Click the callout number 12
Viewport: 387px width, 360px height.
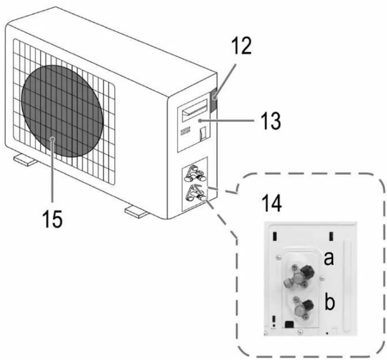[x=242, y=46]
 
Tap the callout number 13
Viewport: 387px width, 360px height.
[x=271, y=121]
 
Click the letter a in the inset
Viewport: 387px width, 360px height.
[x=329, y=259]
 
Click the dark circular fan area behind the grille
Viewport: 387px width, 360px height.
[x=62, y=111]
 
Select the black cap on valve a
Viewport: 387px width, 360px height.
[x=308, y=271]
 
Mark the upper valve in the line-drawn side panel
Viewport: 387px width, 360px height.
[x=195, y=174]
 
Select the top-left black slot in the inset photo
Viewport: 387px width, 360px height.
[x=274, y=236]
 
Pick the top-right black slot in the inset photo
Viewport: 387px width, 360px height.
[x=331, y=236]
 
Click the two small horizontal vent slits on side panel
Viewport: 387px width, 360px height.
[x=185, y=131]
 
